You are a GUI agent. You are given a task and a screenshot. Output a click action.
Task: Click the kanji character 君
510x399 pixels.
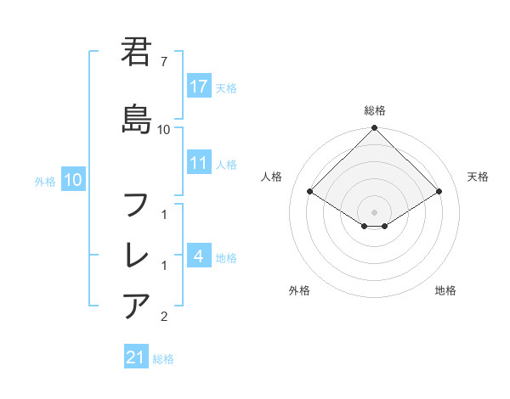pos(137,53)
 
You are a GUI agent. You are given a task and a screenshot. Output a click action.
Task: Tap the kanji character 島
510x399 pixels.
pos(137,114)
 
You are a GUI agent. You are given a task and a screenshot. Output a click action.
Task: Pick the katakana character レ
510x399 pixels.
pos(137,255)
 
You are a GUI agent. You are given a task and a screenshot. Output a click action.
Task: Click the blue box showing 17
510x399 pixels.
pos(199,87)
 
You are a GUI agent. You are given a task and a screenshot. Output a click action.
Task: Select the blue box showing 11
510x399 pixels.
pos(199,164)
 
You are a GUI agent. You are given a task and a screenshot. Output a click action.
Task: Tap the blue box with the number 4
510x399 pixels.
pos(199,256)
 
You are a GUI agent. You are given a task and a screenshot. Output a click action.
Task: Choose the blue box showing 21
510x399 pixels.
pos(135,358)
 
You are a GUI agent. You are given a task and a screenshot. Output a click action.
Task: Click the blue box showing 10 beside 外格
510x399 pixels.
pos(72,180)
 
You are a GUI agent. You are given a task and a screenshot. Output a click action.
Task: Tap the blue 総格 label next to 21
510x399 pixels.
pos(163,359)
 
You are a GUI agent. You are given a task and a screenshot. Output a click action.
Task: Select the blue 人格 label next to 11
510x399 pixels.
pos(225,165)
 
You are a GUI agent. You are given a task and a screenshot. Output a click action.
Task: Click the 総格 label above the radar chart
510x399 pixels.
pos(375,110)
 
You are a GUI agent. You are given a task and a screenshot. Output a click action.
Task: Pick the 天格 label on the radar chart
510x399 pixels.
pos(479,177)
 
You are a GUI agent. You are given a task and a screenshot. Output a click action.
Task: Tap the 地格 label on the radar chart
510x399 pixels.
pos(445,290)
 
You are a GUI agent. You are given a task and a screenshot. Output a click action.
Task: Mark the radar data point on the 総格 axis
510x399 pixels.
pos(375,128)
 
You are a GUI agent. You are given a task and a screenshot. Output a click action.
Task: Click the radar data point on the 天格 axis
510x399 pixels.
pos(439,192)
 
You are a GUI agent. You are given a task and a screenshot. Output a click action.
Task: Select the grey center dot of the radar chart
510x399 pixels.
pos(375,212)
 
